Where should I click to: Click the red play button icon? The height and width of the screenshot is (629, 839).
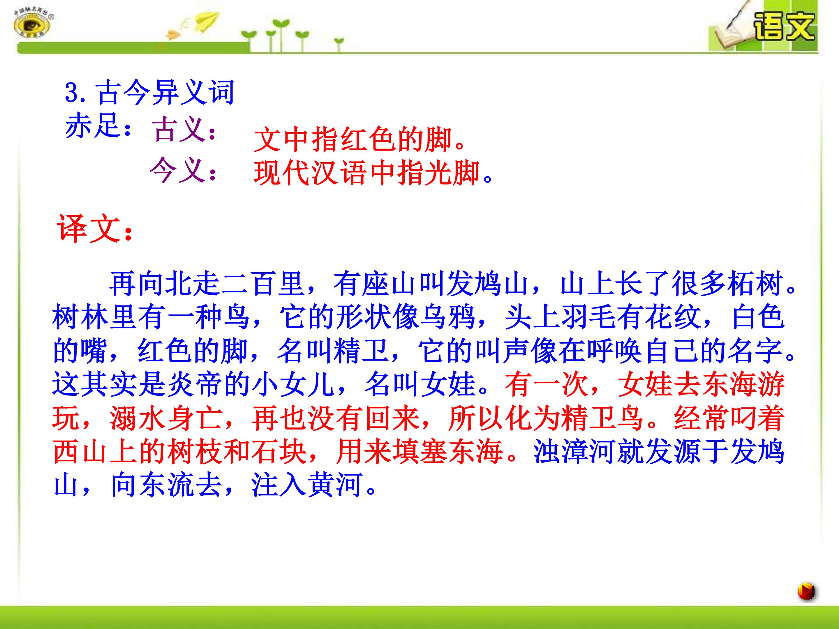click(806, 591)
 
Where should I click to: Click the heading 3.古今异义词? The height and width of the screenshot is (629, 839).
click(150, 93)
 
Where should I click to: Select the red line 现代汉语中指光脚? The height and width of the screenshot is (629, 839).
click(373, 173)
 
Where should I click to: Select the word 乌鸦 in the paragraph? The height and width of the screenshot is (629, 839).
click(447, 318)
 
